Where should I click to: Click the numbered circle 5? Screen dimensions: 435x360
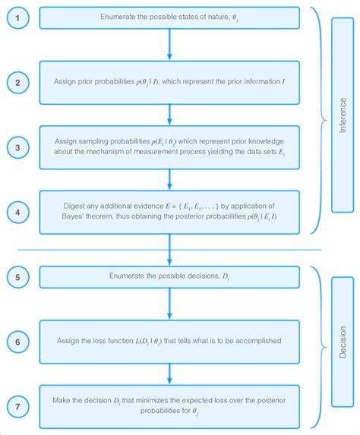[x=18, y=276]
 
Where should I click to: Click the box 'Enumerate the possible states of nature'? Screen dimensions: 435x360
[x=170, y=17]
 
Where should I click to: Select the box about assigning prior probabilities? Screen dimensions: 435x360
[x=170, y=82]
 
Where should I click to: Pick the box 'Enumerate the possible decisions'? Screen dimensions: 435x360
[x=170, y=276]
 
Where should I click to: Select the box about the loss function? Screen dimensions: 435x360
[x=170, y=341]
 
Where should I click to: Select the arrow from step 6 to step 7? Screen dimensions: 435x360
[x=170, y=375]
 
